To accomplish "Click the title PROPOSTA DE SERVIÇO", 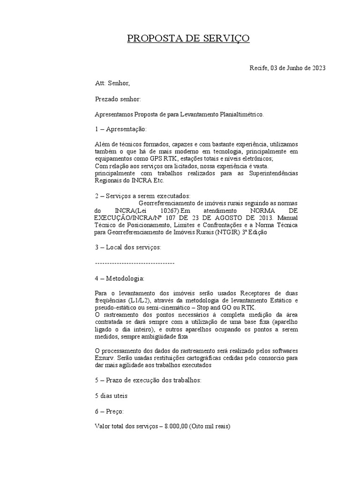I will pyautogui.click(x=188, y=38).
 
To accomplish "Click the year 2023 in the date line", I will pyautogui.click(x=316, y=68).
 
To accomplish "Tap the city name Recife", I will pyautogui.click(x=258, y=68).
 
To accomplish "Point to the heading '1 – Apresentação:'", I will pyautogui.click(x=121, y=129).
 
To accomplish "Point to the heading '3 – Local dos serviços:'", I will pyautogui.click(x=128, y=247).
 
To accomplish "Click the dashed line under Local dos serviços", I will pyautogui.click(x=135, y=263).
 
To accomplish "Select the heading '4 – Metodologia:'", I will pyautogui.click(x=120, y=278).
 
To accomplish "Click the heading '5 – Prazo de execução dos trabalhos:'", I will pyautogui.click(x=148, y=380).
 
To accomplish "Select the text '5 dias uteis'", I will pyautogui.click(x=111, y=396).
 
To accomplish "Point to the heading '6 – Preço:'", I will pyautogui.click(x=109, y=411).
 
